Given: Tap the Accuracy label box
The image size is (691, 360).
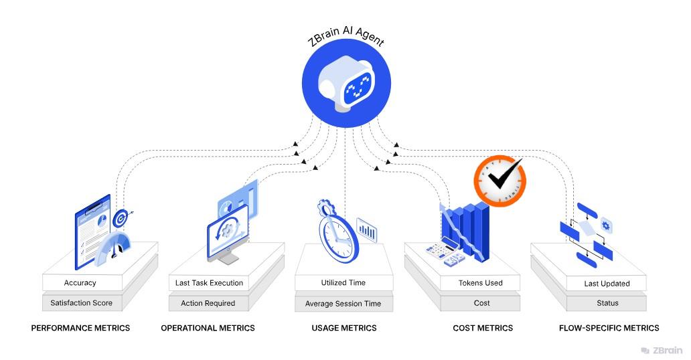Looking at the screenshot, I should point(80,283).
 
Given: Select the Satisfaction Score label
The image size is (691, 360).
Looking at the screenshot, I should point(82,303).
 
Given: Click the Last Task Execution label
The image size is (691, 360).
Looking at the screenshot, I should point(209,283).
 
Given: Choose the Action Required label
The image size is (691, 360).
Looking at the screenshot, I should point(208,303).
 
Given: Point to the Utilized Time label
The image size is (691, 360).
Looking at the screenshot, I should point(343,283).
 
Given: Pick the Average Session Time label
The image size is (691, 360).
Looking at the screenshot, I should point(343,304).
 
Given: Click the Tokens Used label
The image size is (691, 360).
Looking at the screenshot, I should point(481,283).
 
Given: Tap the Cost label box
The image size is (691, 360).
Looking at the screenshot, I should point(482,303).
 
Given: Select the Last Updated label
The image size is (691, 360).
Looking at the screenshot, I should point(607,284).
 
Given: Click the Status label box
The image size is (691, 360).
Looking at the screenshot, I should point(607,303).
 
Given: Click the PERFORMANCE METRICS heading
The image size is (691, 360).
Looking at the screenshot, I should point(80,328).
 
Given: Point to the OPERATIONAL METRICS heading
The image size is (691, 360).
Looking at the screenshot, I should point(208,328).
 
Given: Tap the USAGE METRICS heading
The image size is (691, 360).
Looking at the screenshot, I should point(344,328).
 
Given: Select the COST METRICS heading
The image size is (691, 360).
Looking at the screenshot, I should point(483,328).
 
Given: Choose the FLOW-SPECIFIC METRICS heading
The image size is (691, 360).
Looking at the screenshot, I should point(609,328).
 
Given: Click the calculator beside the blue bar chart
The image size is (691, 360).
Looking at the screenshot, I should point(444,253).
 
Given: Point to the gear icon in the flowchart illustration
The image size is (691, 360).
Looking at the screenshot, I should point(606,226).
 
